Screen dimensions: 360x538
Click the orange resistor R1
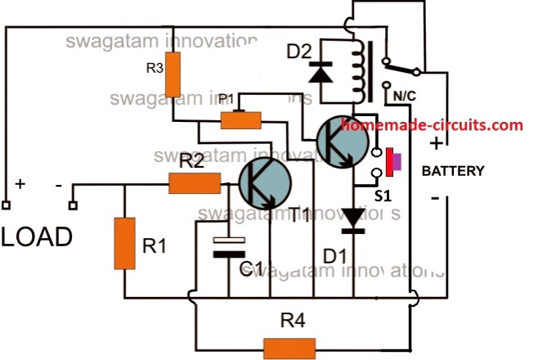[x=124, y=243]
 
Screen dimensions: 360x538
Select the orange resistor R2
[x=195, y=184]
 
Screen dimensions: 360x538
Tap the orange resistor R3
[x=173, y=80]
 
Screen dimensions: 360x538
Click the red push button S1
[x=390, y=160]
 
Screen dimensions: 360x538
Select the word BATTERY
[x=453, y=171]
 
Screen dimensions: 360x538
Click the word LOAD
[x=36, y=237]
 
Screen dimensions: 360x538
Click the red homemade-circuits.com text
[x=431, y=125]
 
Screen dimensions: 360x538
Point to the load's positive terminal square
[x=6, y=205]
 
